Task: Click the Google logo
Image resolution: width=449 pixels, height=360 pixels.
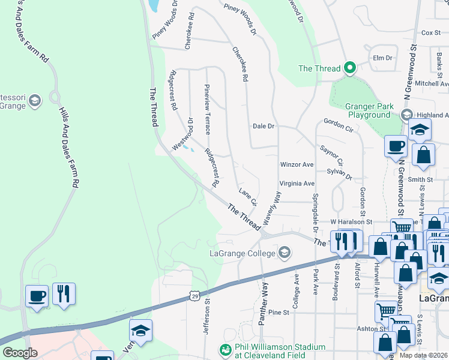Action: pyautogui.click(x=20, y=353)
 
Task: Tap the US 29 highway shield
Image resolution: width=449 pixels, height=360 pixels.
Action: pyautogui.click(x=193, y=296)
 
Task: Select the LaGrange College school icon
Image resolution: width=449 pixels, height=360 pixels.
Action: pyautogui.click(x=285, y=253)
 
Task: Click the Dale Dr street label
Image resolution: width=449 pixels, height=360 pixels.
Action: pyautogui.click(x=263, y=126)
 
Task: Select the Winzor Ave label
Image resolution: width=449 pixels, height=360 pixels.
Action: pyautogui.click(x=297, y=164)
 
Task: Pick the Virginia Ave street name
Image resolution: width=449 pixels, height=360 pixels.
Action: pyautogui.click(x=297, y=184)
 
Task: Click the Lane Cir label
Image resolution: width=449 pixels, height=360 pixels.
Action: pyautogui.click(x=248, y=196)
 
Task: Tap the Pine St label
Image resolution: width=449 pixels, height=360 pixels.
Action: pyautogui.click(x=279, y=313)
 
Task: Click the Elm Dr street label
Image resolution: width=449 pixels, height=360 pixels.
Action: pyautogui.click(x=382, y=58)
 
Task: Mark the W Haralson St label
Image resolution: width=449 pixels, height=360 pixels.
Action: pyautogui.click(x=351, y=222)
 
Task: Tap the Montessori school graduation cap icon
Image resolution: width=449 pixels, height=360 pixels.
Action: pyautogui.click(x=34, y=100)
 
